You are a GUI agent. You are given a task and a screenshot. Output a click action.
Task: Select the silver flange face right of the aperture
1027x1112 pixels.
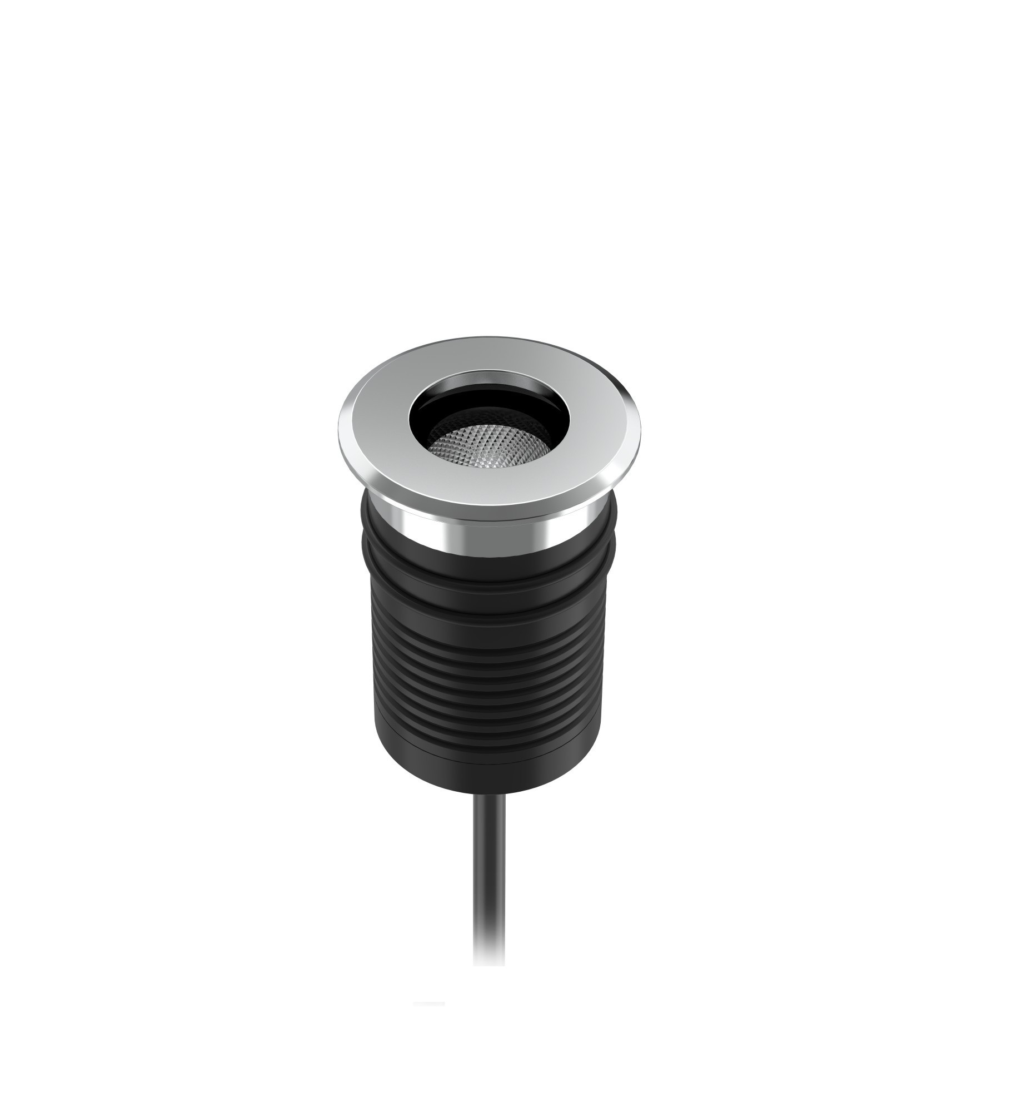(578, 425)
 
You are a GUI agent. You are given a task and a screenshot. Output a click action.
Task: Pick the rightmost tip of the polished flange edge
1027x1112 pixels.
(641, 428)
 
